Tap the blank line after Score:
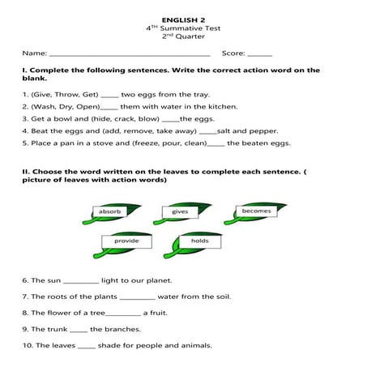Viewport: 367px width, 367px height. [x=259, y=54]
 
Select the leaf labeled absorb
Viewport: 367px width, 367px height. [x=111, y=212]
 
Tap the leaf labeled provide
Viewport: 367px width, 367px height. [x=127, y=241]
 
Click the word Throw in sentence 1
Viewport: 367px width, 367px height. [x=59, y=94]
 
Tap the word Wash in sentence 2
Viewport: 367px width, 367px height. [x=42, y=106]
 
